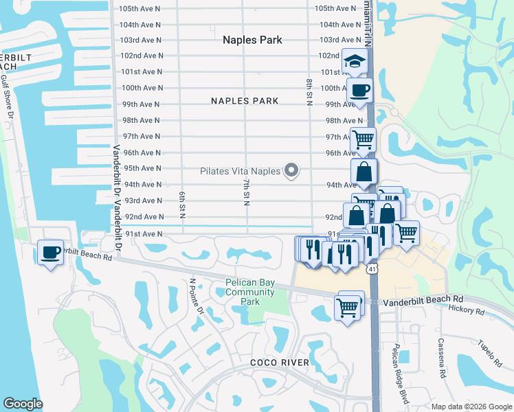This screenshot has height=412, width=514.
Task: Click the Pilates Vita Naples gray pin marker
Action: pyautogui.click(x=292, y=170)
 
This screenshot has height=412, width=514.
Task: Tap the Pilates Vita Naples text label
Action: pyautogui.click(x=241, y=171)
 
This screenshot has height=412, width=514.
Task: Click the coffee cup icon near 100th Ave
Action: pyautogui.click(x=359, y=90)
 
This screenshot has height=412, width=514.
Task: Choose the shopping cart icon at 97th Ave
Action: pyautogui.click(x=364, y=139)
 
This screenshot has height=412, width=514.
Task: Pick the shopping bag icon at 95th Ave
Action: pyautogui.click(x=364, y=171)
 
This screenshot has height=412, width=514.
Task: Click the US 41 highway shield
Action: pyautogui.click(x=372, y=266)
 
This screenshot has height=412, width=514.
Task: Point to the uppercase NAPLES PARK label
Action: pyautogui.click(x=245, y=101)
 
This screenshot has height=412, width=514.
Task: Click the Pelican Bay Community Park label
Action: pyautogui.click(x=250, y=293)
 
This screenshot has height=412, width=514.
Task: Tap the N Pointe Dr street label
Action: pyautogui.click(x=197, y=296)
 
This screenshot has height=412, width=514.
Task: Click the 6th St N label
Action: pyautogui.click(x=183, y=205)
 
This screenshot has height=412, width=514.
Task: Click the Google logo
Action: pyautogui.click(x=23, y=404)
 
